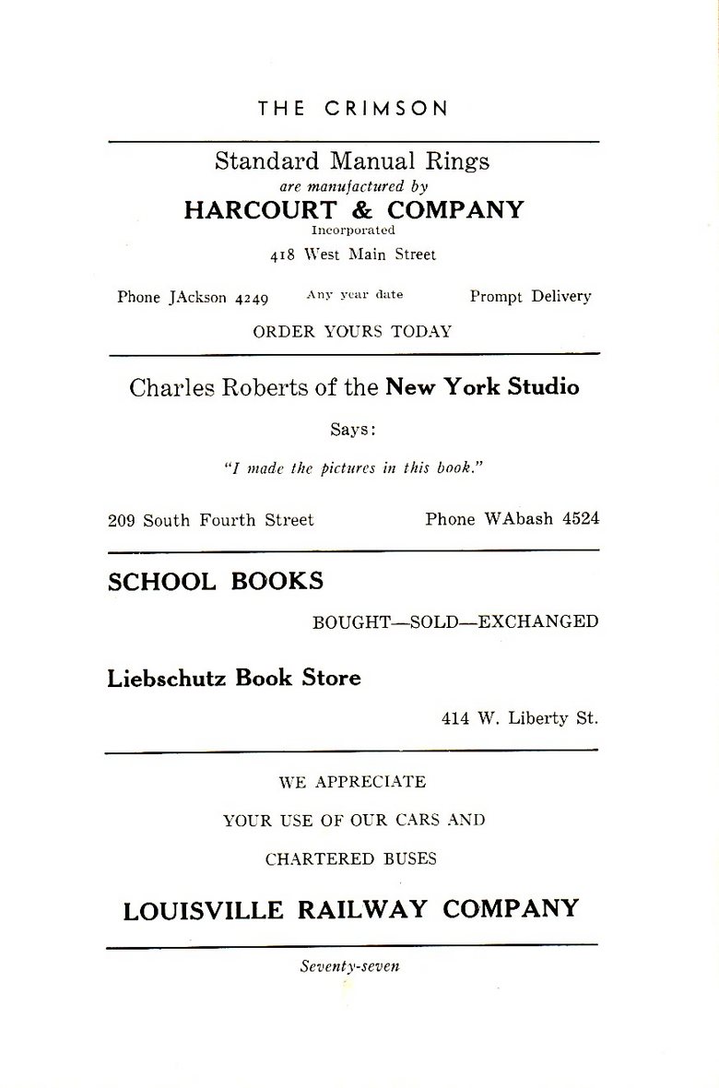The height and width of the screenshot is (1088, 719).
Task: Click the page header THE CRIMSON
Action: pyautogui.click(x=353, y=108)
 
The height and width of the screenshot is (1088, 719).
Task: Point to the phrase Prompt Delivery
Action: pyautogui.click(x=530, y=296)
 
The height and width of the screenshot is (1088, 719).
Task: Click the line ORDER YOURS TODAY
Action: pyautogui.click(x=352, y=332)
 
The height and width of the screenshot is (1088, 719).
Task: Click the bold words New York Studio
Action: pyautogui.click(x=482, y=386)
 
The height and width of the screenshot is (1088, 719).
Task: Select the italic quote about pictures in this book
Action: pyautogui.click(x=354, y=467)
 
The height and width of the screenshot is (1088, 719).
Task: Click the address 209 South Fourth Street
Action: pyautogui.click(x=210, y=520)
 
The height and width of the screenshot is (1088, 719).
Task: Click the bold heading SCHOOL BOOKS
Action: pyautogui.click(x=216, y=581)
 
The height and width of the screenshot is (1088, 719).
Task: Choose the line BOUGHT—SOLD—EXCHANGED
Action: pyautogui.click(x=455, y=621)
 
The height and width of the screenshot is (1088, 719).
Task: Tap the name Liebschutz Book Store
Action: pyautogui.click(x=234, y=678)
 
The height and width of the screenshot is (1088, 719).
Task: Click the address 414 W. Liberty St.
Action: pyautogui.click(x=519, y=718)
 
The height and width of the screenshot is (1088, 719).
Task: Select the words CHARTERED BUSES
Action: pyautogui.click(x=351, y=858)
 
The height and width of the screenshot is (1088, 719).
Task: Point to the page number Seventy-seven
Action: pyautogui.click(x=349, y=967)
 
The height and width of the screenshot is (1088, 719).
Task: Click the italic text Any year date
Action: pyautogui.click(x=354, y=295)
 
